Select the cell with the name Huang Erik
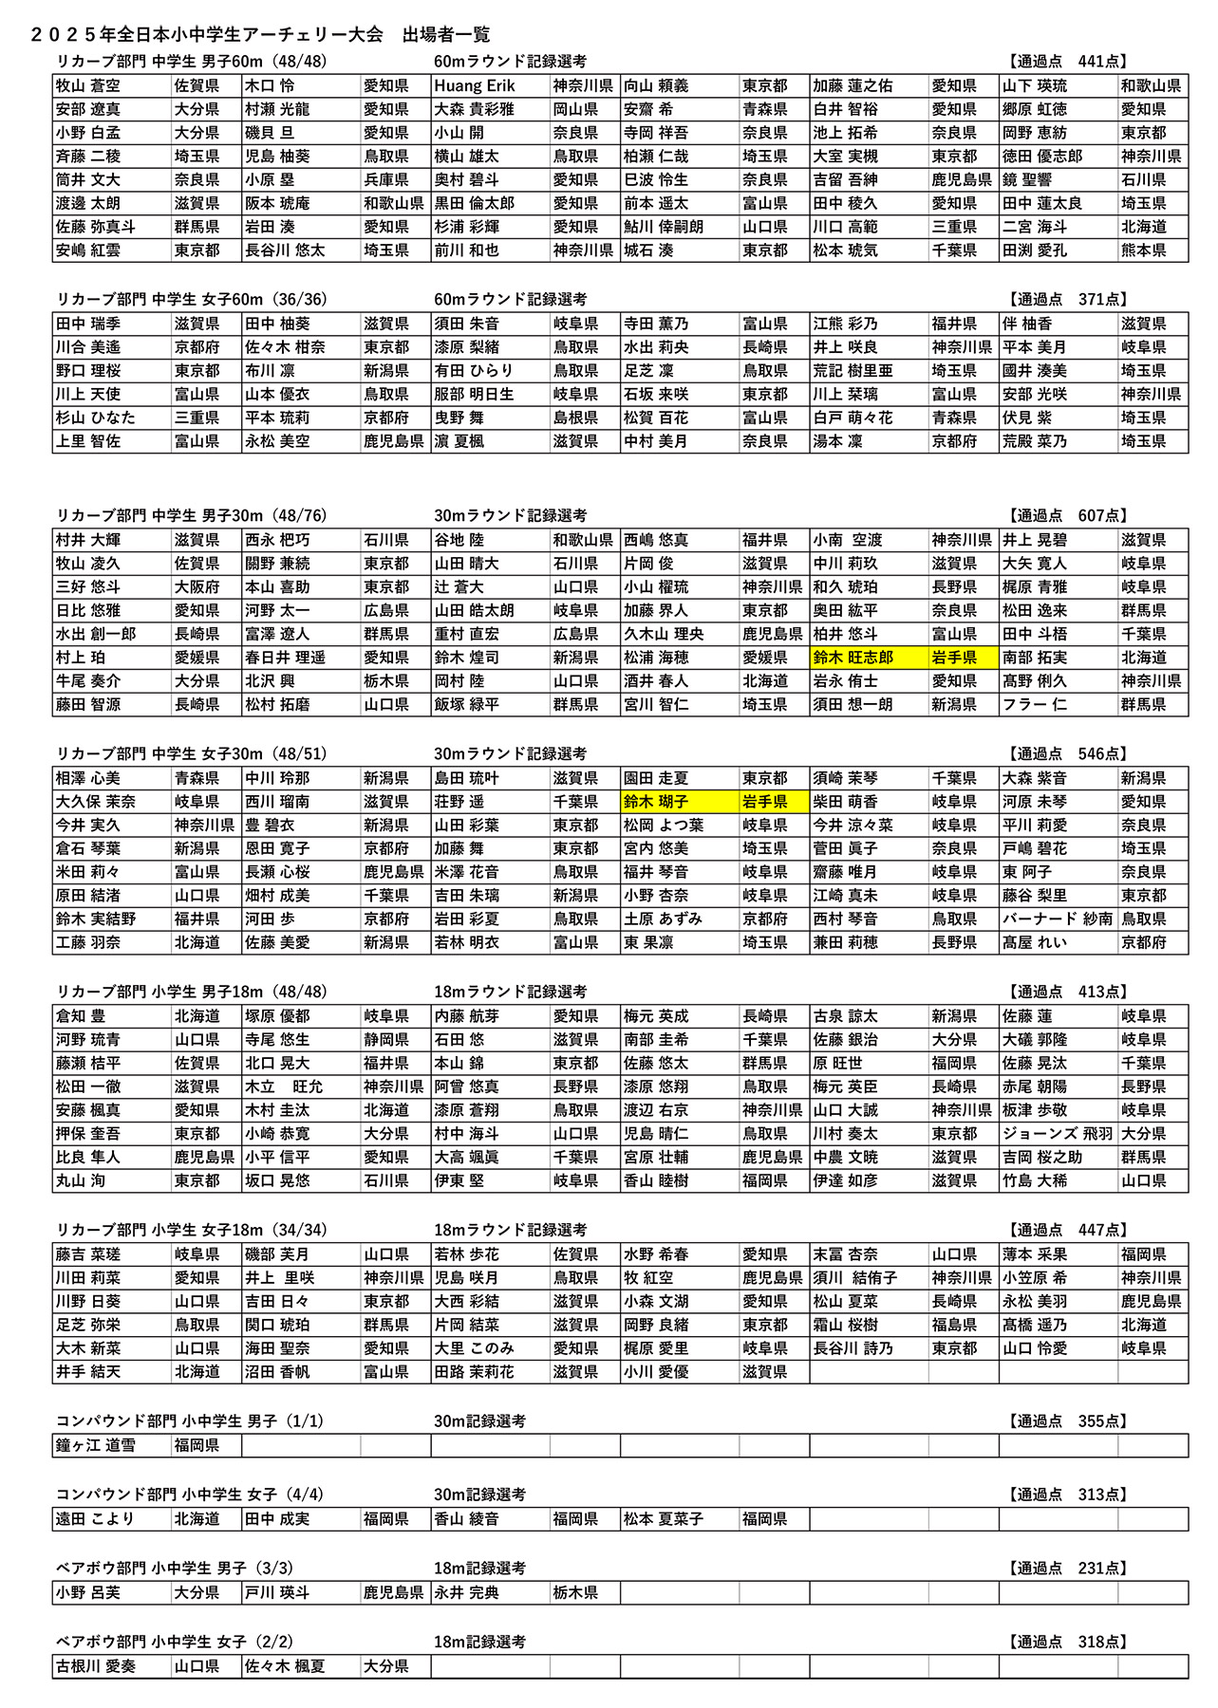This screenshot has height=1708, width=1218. [x=475, y=86]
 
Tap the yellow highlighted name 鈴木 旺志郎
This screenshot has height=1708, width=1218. [x=853, y=658]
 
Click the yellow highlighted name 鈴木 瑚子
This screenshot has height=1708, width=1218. [x=656, y=802]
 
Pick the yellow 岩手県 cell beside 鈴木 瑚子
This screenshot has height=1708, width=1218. [x=765, y=802]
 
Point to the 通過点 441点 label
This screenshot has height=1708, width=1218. [x=1067, y=62]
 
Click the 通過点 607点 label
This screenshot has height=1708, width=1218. [x=1067, y=516]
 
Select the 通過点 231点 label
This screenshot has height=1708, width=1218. [x=1067, y=1569]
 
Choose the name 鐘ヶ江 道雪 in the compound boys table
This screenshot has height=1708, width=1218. [x=95, y=1445]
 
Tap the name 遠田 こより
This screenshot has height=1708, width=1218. [x=95, y=1519]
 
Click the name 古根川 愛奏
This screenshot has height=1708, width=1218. [x=95, y=1666]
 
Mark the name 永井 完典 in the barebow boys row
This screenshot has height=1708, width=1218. [x=466, y=1593]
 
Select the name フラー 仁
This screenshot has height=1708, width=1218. [x=1035, y=705]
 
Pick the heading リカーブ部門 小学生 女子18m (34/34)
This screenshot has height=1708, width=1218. [x=191, y=1231]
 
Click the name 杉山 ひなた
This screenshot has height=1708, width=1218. [x=95, y=418]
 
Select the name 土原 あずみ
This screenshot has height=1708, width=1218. [x=663, y=919]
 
